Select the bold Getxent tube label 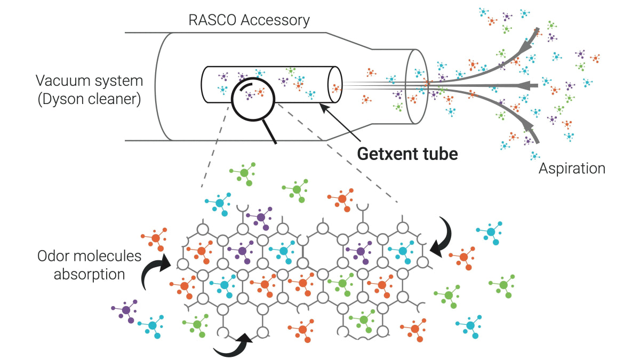click(407, 154)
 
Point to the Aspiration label click(572, 169)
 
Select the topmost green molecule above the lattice click(244, 173)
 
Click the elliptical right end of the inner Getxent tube click(335, 85)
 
